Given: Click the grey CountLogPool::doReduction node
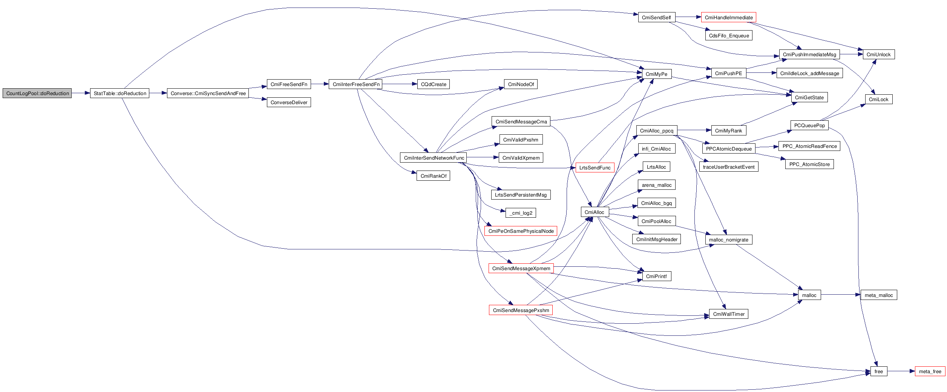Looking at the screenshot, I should coord(37,93).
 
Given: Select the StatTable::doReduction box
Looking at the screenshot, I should coord(120,93).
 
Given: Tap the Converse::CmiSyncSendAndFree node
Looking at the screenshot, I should coord(208,93).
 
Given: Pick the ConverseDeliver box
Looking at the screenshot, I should coord(289,102).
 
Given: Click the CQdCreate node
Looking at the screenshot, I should coord(433,84).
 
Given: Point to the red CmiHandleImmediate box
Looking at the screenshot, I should coord(728,17).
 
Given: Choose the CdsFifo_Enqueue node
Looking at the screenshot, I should coord(729,35).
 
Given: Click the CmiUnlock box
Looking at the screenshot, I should coord(878,54).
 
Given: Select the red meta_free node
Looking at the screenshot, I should coord(930,371).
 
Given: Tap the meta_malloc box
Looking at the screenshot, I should coord(878,295).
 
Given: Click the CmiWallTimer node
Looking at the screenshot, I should coord(729,314).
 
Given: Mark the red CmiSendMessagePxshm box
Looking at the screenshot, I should coord(521,310).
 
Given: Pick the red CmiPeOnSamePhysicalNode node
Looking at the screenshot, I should coord(521,231).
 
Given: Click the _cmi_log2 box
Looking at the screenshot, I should coord(521,213).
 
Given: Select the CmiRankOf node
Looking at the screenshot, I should coord(433,176).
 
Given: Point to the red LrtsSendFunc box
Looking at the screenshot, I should coord(595,168).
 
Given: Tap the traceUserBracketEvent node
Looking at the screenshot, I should coord(729,167).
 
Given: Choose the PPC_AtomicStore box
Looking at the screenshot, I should coord(809,164).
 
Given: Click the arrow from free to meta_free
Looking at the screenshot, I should coord(901,371).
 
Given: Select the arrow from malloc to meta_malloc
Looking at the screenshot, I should coord(841,295).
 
